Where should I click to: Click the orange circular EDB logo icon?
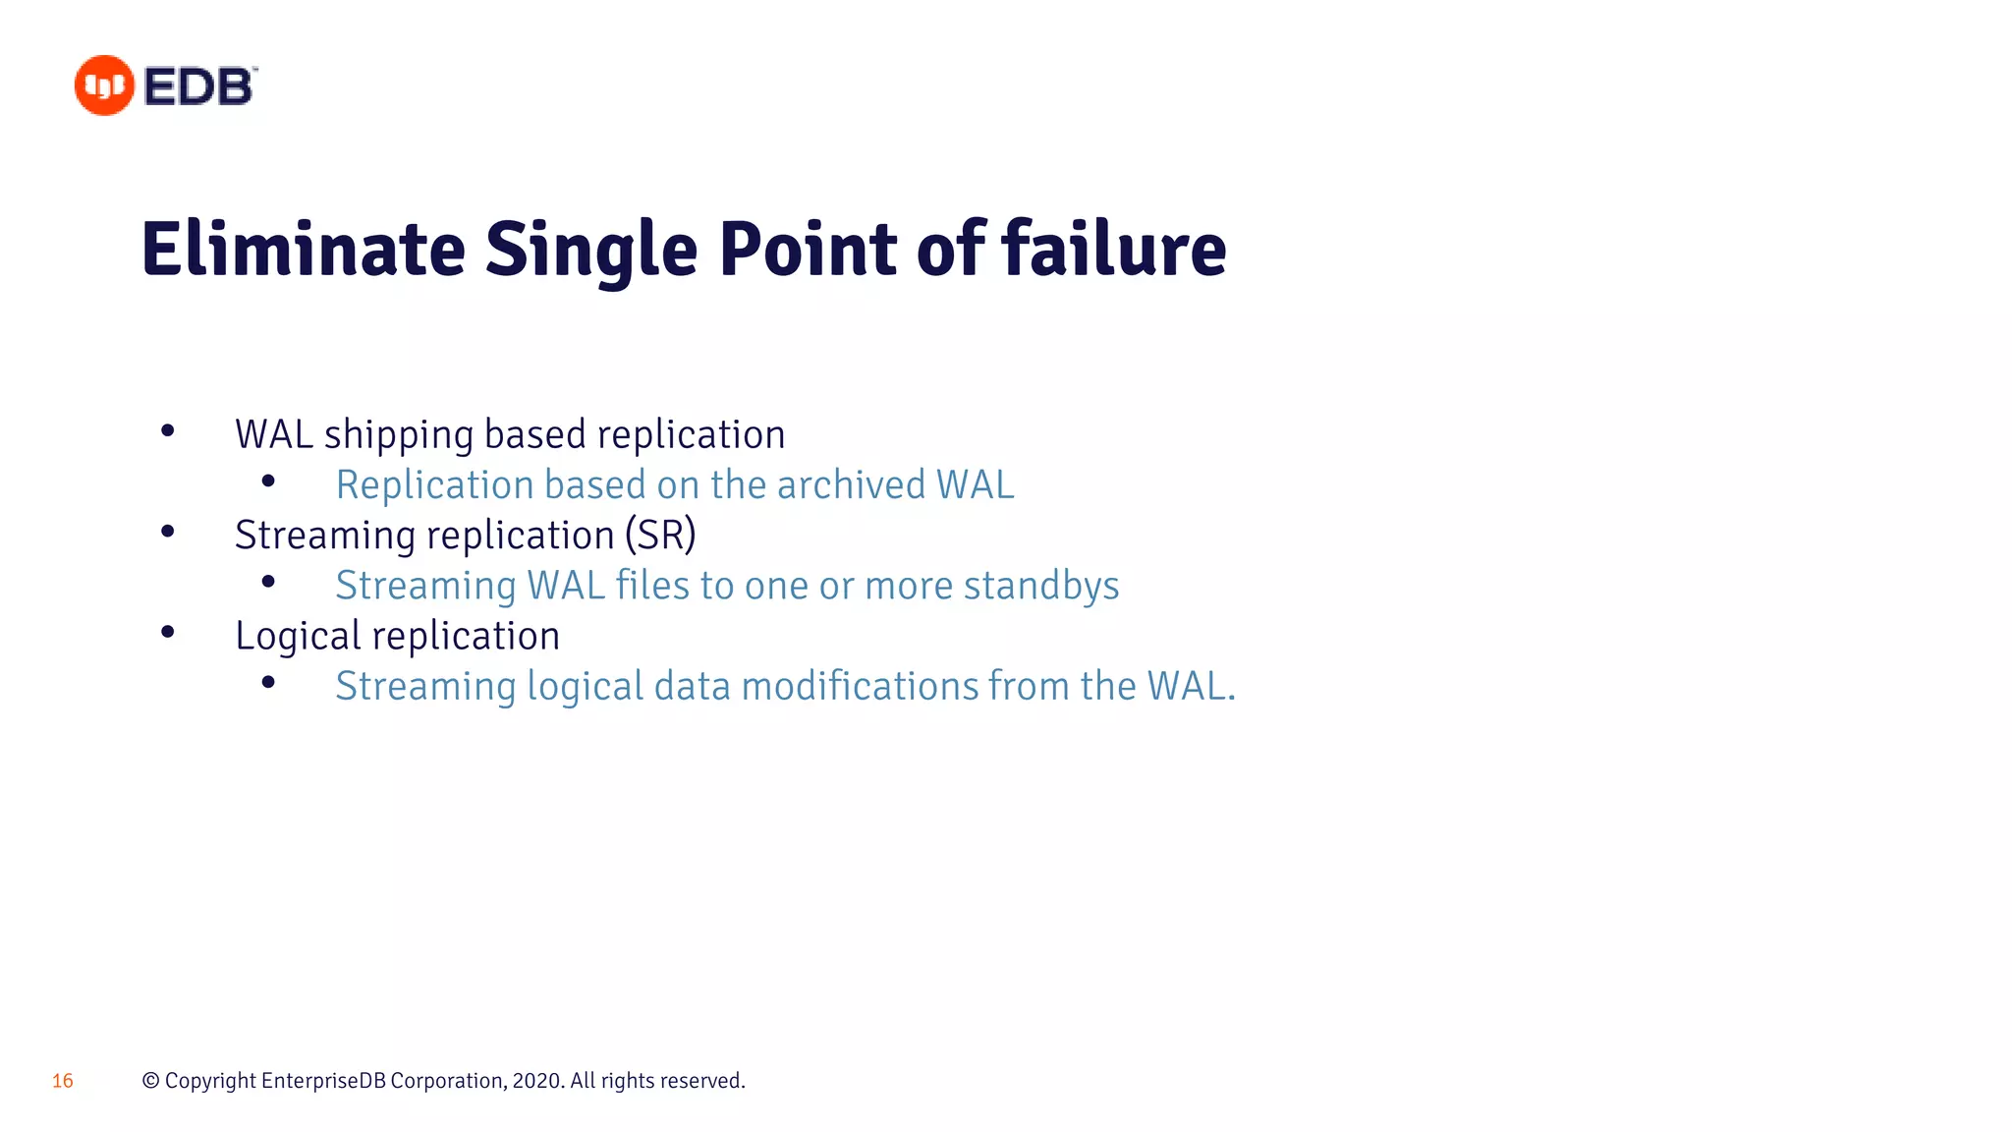(104, 85)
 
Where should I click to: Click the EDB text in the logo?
(199, 86)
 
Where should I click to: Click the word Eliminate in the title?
(303, 250)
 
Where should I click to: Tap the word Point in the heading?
(808, 250)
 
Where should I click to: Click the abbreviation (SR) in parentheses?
(660, 536)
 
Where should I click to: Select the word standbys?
(1041, 586)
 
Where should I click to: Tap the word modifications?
(860, 686)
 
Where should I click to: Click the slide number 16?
(62, 1081)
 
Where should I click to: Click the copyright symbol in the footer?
(150, 1081)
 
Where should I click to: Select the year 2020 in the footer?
(535, 1081)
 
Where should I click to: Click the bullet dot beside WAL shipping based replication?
(168, 430)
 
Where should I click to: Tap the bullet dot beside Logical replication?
(168, 632)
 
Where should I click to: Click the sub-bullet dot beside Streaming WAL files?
(268, 582)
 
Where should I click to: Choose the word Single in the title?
(591, 250)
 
